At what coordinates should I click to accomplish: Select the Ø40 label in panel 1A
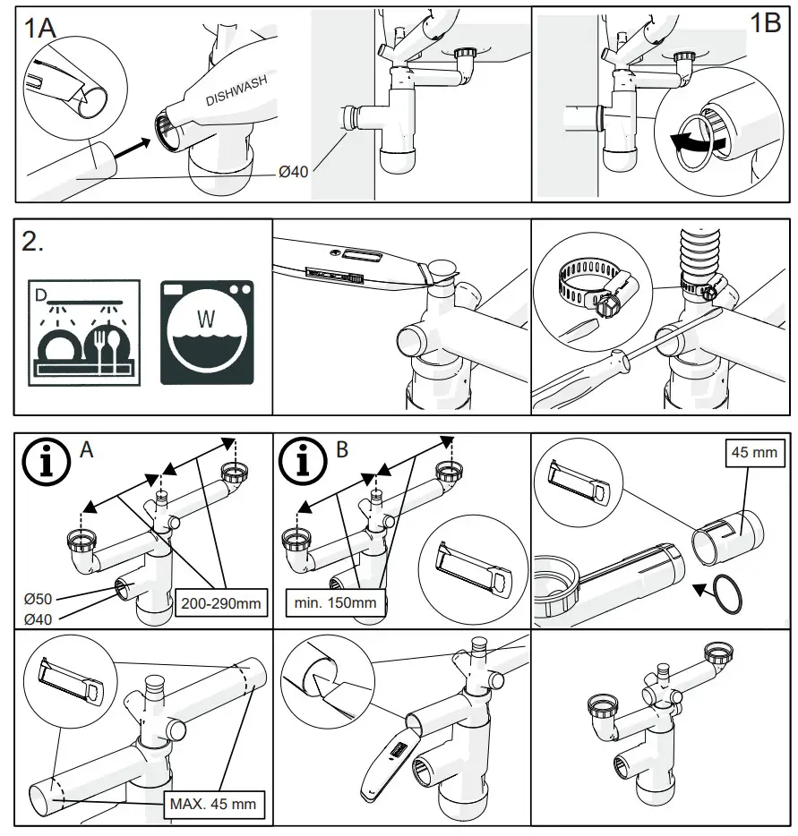294,170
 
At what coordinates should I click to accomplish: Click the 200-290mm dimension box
220,603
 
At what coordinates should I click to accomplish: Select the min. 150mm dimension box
336,603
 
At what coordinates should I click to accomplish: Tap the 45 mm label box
753,452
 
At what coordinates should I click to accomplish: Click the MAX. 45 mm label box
212,804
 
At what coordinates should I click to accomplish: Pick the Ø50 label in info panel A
38,598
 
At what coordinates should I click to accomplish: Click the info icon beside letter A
44,460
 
